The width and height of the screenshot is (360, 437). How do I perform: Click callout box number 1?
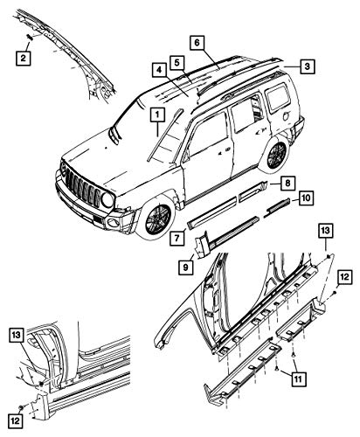tap(157, 114)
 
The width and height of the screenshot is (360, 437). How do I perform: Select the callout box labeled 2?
tap(24, 58)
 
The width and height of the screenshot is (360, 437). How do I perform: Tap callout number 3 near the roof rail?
tap(307, 66)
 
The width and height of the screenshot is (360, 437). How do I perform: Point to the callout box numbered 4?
tap(159, 70)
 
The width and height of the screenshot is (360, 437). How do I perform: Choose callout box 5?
tap(177, 63)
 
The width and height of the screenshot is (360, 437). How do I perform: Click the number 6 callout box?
tap(197, 43)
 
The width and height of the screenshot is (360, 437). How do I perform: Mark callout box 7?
tap(177, 238)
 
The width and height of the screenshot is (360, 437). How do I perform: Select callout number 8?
tap(287, 184)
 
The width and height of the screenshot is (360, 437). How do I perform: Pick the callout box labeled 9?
tap(186, 267)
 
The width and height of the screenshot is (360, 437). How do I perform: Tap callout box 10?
tap(306, 198)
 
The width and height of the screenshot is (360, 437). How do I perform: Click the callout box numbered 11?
tap(298, 379)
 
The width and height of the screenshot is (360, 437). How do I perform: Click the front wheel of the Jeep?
tap(157, 217)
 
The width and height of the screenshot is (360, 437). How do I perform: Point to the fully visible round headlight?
tap(107, 199)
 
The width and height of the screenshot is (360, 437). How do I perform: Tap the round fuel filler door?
tap(286, 116)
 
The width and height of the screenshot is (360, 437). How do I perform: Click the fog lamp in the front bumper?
tap(113, 223)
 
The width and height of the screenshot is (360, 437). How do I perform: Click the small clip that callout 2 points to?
tap(30, 37)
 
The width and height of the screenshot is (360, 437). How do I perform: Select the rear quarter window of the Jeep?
tap(277, 97)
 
